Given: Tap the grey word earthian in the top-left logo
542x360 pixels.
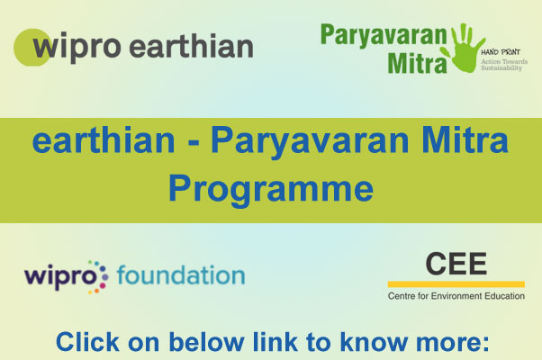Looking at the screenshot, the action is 192,46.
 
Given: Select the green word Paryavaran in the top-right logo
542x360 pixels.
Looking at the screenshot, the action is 384,36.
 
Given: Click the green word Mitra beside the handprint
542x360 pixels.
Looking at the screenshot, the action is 417,63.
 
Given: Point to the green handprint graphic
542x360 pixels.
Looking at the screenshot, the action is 465,48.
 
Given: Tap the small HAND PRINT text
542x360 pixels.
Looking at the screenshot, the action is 501,52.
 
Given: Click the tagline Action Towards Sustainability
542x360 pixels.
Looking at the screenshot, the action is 504,65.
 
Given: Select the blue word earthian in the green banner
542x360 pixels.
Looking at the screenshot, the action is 104,139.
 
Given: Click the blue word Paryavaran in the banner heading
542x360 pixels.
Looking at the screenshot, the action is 310,141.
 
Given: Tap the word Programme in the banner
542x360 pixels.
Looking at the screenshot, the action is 271,190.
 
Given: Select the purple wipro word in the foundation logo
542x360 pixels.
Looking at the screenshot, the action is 59,277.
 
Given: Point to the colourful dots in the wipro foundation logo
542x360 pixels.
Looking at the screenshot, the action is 98,277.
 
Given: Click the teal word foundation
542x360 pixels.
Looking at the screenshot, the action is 181,274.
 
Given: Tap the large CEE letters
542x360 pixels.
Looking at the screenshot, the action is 456,264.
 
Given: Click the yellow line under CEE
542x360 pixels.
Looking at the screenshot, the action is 456,284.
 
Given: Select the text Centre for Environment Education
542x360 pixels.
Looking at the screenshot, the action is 456,296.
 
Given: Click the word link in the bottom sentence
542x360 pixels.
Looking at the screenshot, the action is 276,342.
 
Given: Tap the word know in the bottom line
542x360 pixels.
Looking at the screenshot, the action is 374,342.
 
